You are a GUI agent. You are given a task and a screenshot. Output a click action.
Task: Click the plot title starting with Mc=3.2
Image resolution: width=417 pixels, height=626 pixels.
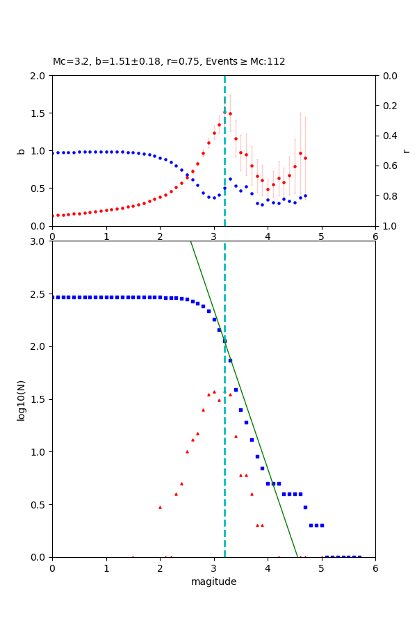click(x=169, y=62)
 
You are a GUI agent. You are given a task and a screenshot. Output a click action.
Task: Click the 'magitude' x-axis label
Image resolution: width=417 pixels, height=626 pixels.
click(x=213, y=581)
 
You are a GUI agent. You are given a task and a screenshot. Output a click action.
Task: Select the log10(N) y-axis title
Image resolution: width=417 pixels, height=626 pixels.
click(x=21, y=399)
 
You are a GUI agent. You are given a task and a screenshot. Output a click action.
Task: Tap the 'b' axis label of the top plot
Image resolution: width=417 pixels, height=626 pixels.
click(x=21, y=151)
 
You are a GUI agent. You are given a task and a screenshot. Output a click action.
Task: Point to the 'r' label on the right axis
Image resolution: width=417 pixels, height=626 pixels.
click(x=406, y=151)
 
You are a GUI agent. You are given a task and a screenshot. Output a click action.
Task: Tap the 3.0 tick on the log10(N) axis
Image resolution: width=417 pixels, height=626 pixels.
click(x=39, y=241)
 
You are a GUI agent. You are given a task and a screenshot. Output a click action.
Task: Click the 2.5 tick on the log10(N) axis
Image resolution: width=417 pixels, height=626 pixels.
click(x=39, y=294)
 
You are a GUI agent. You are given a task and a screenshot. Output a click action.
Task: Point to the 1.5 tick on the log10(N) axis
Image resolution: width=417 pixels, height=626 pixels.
click(x=39, y=399)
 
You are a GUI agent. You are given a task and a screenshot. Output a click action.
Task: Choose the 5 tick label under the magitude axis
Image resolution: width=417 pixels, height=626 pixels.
click(x=321, y=568)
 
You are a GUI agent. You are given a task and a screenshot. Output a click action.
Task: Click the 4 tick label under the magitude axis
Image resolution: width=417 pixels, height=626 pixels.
click(x=268, y=568)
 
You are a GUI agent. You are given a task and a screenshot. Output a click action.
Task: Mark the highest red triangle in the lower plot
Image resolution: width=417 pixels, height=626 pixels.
click(x=214, y=392)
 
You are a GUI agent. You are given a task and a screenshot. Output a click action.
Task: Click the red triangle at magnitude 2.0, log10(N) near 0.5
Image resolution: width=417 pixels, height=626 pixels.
click(x=160, y=507)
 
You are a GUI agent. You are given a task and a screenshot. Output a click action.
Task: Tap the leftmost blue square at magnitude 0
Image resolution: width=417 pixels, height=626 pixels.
click(x=53, y=297)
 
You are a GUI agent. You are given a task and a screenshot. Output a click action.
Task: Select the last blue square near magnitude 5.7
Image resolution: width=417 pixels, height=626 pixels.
click(x=359, y=556)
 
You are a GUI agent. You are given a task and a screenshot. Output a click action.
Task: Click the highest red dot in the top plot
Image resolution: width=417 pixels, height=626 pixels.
click(x=230, y=113)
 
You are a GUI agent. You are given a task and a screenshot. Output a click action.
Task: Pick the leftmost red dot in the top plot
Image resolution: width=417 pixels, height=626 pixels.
click(x=53, y=216)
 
